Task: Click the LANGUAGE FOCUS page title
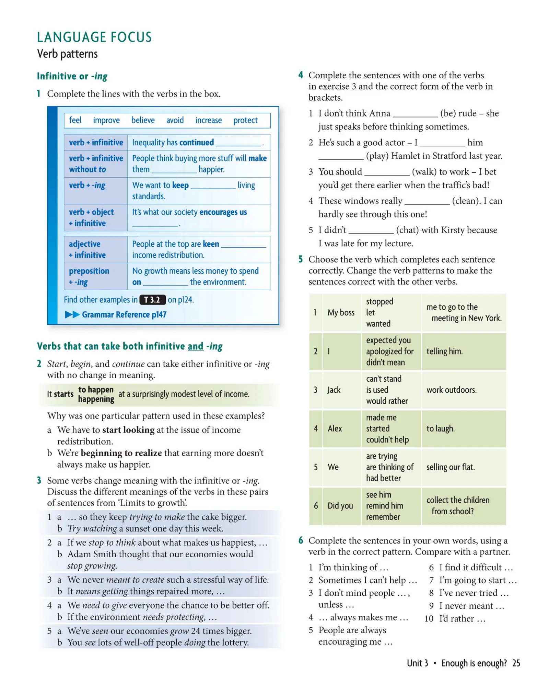pyautogui.click(x=94, y=37)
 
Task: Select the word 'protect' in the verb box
pyautogui.click(x=245, y=120)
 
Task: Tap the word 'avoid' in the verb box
pyautogui.click(x=175, y=120)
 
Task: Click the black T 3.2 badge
pyautogui.click(x=152, y=300)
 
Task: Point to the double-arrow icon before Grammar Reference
pyautogui.click(x=72, y=314)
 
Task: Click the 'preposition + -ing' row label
pyautogui.click(x=89, y=276)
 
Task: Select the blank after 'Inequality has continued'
pyautogui.click(x=238, y=143)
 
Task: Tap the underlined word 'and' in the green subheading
pyautogui.click(x=195, y=346)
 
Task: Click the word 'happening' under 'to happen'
pyautogui.click(x=96, y=399)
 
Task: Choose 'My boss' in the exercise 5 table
pyautogui.click(x=341, y=313)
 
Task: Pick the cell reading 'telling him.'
pyautogui.click(x=444, y=351)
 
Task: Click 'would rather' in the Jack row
pyautogui.click(x=387, y=401)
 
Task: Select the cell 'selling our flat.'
pyautogui.click(x=451, y=467)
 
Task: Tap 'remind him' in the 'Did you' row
pyautogui.click(x=384, y=506)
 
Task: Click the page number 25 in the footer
pyautogui.click(x=516, y=663)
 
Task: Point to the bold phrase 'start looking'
pyautogui.click(x=128, y=430)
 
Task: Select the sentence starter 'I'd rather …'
pyautogui.click(x=462, y=618)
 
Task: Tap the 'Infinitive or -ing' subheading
pyautogui.click(x=72, y=76)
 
